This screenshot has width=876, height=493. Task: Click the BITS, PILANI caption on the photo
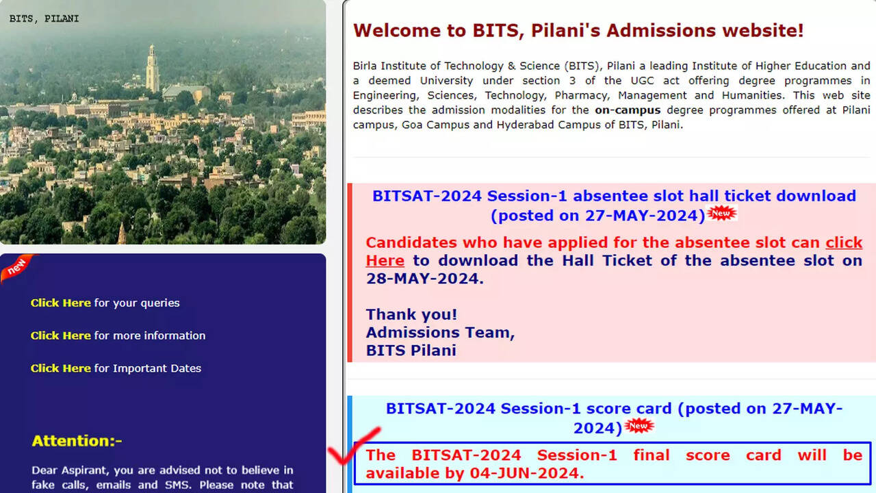[44, 18]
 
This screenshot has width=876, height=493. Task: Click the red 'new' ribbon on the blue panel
[17, 268]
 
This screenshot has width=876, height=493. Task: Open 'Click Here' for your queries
[61, 303]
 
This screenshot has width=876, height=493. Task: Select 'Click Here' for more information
[61, 336]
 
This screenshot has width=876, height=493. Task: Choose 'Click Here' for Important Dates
[61, 368]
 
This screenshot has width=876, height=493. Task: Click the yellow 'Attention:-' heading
[77, 441]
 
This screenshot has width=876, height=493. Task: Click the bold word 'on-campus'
[628, 110]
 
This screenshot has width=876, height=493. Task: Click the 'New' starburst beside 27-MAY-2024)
[721, 213]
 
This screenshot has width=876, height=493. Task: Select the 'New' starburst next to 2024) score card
[639, 426]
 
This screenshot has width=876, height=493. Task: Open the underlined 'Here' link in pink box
[385, 261]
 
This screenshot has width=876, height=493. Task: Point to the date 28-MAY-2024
[424, 279]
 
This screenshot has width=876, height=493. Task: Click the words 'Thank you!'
[411, 314]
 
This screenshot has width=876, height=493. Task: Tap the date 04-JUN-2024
[526, 473]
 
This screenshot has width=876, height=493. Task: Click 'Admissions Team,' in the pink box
[440, 333]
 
